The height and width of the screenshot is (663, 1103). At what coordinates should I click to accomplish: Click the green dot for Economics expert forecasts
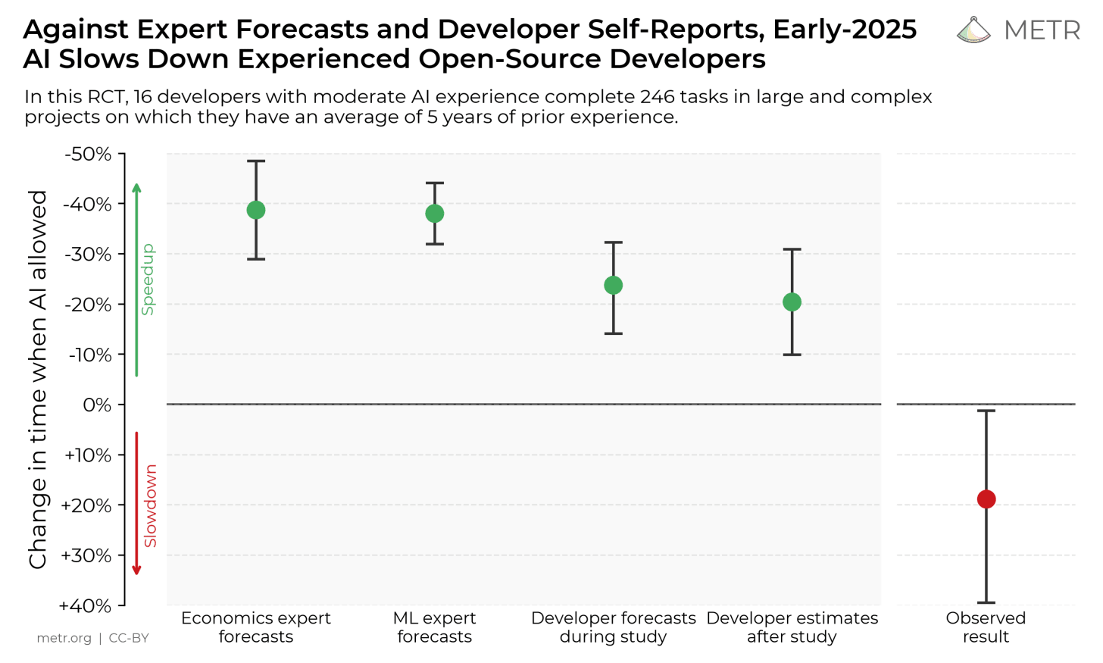(x=256, y=210)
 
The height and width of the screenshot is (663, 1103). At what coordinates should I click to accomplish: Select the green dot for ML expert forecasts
(x=435, y=214)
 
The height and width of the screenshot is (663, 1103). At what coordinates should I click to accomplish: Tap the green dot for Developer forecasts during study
(x=614, y=286)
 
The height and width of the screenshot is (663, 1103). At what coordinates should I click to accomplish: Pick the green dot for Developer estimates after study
(x=792, y=302)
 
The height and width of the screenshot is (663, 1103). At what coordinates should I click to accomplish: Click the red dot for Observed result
(x=986, y=499)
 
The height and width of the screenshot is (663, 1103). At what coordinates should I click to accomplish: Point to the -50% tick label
(x=88, y=155)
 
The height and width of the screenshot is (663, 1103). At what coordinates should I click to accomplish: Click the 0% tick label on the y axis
(x=97, y=405)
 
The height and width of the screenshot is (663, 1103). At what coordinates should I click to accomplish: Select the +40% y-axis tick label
(x=85, y=606)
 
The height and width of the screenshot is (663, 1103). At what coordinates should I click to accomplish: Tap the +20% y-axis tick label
(x=86, y=505)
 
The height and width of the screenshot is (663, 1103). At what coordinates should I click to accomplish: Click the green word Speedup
(x=148, y=279)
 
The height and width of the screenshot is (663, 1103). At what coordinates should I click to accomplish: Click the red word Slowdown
(x=150, y=505)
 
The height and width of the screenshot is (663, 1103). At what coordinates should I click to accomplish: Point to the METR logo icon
(x=973, y=30)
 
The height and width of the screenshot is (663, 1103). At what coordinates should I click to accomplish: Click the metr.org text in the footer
(x=64, y=638)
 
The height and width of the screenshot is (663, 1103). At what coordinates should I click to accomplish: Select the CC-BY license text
(x=129, y=638)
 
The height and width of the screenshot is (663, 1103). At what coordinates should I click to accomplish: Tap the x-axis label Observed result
(x=986, y=627)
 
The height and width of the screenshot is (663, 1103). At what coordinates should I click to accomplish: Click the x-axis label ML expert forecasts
(x=435, y=627)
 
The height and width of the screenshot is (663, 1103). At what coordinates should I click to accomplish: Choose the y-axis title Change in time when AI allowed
(x=38, y=379)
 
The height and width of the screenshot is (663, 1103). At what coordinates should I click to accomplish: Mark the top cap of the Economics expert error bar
(x=256, y=161)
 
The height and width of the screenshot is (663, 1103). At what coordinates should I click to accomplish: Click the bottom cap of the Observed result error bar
(x=986, y=602)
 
